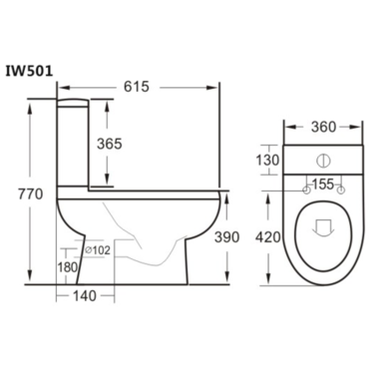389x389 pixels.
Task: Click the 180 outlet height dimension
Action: coord(67,266)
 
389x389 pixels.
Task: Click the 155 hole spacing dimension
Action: coord(321,186)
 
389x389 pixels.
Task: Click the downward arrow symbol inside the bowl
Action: coord(321,228)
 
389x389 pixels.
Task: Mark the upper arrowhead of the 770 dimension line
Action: coord(38,104)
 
